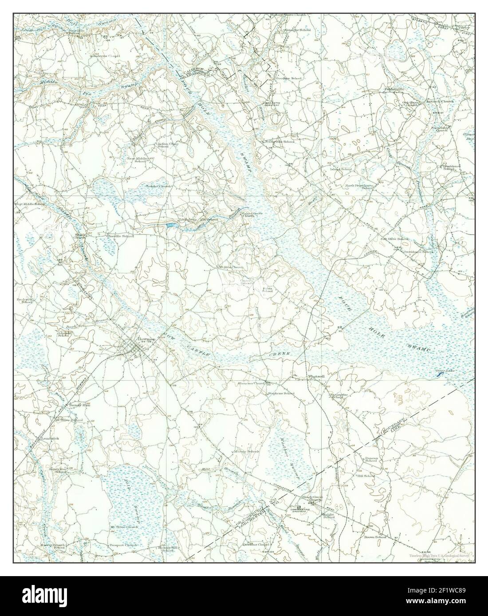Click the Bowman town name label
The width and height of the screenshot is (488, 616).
click(132, 337)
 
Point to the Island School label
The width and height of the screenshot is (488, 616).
click(341, 169)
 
